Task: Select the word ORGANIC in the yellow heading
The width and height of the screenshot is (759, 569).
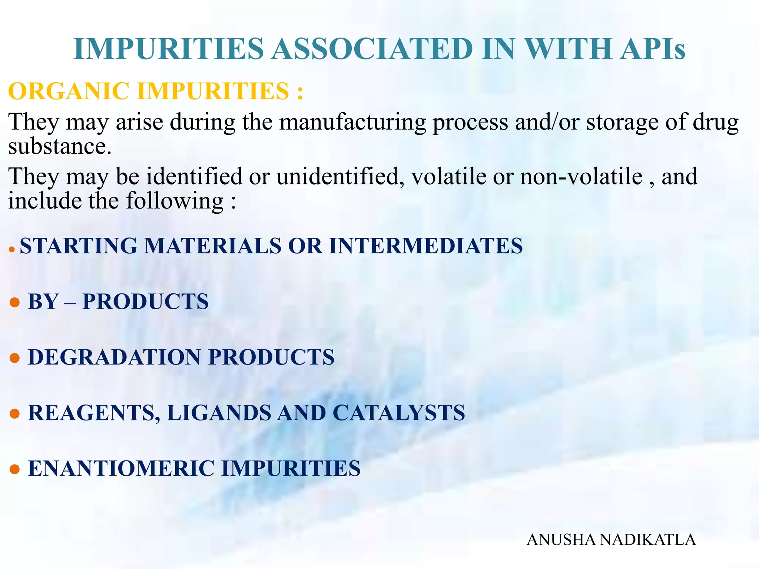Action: (x=69, y=91)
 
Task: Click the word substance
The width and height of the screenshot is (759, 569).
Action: (x=59, y=146)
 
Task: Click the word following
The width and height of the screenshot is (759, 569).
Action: (x=175, y=201)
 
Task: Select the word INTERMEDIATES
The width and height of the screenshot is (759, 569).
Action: (x=426, y=246)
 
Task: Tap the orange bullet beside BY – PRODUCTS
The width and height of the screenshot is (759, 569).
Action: (x=14, y=302)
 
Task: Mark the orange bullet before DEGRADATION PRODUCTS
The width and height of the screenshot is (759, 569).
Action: (x=14, y=358)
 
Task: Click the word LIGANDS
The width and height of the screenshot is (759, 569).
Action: (x=219, y=413)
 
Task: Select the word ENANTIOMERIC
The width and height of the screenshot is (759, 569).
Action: (x=121, y=468)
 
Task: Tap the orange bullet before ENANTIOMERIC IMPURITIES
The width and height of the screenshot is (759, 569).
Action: (x=14, y=469)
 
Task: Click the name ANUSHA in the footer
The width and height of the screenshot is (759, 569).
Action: (x=561, y=540)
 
